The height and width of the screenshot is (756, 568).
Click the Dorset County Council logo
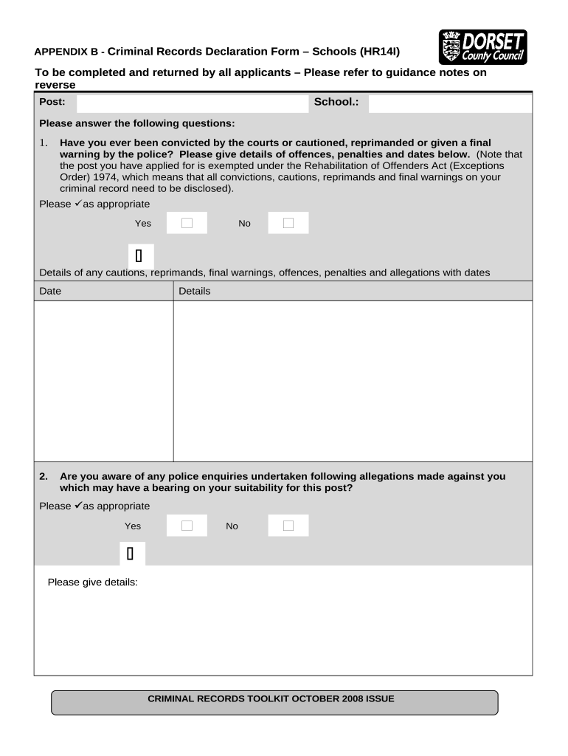point(483,48)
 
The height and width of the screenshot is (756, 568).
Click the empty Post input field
point(193,103)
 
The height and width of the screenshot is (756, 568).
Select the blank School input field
point(449,103)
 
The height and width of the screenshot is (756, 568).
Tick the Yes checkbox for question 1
point(187,223)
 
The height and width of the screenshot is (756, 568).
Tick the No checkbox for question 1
point(288,223)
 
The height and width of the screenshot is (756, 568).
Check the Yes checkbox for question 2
point(187,526)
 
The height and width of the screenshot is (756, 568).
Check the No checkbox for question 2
point(288,526)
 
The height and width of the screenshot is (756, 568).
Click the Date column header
point(50,291)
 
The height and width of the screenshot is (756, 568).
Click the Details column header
point(195,291)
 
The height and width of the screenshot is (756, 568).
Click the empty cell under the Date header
point(103,380)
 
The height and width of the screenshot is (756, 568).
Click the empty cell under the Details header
point(353,380)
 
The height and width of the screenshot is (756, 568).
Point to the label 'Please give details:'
point(93,582)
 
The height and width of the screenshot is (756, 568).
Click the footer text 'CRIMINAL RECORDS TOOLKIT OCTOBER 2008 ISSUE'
point(271,698)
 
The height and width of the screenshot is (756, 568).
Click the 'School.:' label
point(336,102)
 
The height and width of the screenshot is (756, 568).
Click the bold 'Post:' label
point(52,102)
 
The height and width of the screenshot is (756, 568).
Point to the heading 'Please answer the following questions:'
point(136,123)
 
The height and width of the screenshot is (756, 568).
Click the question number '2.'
point(44,476)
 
